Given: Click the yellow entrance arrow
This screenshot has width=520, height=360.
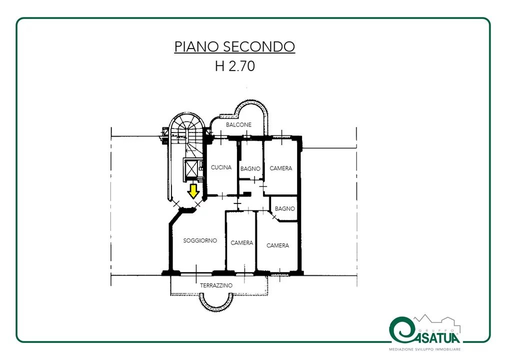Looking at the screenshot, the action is coord(193,191).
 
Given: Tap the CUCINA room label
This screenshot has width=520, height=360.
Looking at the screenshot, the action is coord(221,167).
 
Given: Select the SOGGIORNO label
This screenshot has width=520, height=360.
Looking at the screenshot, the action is coord(200,240).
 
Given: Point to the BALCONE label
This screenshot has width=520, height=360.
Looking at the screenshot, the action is coord(239,124).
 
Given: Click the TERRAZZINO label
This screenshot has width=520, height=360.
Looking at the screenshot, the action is coord(216,285).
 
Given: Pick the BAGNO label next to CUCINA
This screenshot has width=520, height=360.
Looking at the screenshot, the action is coord(250,168).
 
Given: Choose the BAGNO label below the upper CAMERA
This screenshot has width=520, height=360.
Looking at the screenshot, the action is coord(285,208).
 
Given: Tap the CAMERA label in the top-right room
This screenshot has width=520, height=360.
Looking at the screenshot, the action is coord(281,168).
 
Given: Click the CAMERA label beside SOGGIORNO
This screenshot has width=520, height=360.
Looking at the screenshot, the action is coord(242,242).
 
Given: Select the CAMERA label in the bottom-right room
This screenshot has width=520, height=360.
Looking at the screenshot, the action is coord(277,245).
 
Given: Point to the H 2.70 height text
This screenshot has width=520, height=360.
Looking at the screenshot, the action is coord(235,65).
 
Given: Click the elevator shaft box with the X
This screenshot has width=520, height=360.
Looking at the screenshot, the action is coord(190,169).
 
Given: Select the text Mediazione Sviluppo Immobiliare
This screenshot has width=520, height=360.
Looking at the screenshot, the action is coord(425,349).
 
